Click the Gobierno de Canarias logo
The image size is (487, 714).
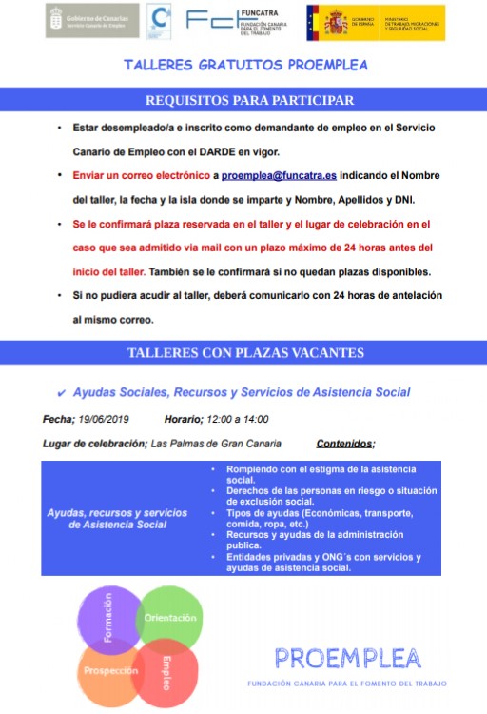point(91,20)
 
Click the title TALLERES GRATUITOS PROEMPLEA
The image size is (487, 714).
point(245,66)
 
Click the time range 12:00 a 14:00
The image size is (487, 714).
point(237,419)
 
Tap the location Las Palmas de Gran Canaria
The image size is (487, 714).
point(216,444)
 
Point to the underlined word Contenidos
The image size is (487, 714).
point(343,444)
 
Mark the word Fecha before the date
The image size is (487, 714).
point(58,419)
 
